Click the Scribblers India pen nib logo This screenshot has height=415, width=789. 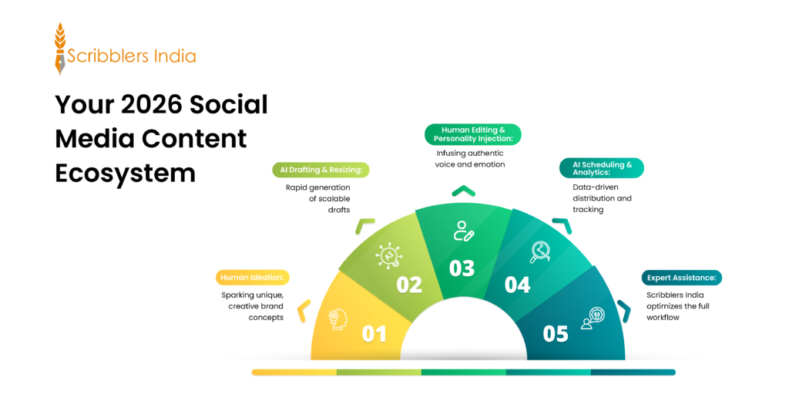(x=60, y=49)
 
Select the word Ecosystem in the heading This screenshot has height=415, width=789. (x=125, y=173)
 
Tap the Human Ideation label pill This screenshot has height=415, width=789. (x=250, y=277)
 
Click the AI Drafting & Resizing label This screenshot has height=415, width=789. (x=321, y=170)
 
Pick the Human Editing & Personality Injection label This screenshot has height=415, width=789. (x=473, y=134)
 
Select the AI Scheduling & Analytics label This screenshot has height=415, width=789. (x=601, y=168)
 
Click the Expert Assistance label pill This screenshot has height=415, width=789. (x=681, y=278)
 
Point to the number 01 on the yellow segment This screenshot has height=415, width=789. (x=374, y=334)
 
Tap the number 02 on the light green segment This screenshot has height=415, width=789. (x=409, y=285)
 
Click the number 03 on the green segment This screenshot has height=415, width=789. (x=462, y=268)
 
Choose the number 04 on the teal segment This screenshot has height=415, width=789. (x=517, y=285)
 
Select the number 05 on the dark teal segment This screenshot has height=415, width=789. (x=556, y=334)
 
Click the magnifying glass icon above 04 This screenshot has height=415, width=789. (x=540, y=251)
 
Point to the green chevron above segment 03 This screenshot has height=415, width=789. (x=462, y=191)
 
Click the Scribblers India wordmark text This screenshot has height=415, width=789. (x=131, y=56)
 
